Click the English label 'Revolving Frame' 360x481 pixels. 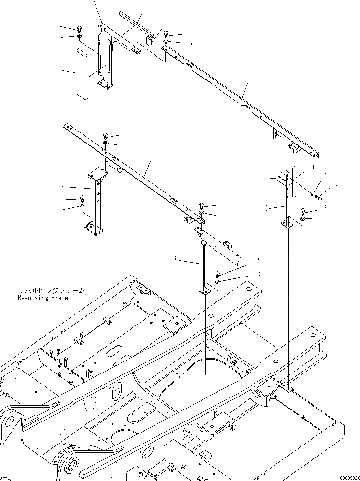[x=43, y=298]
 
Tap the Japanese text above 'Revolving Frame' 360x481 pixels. [x=51, y=290]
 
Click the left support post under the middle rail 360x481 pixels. [x=98, y=202]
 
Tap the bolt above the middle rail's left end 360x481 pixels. [x=105, y=136]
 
